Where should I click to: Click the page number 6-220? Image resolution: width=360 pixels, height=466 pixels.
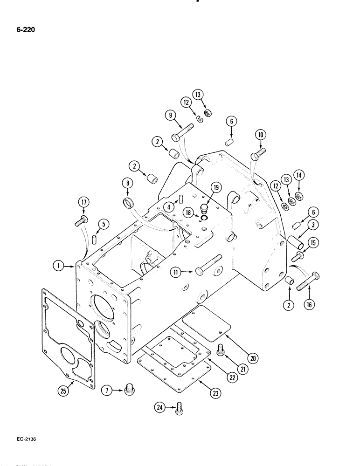(23, 30)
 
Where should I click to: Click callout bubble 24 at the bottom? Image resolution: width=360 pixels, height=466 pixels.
(159, 408)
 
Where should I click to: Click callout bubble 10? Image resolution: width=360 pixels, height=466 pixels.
(260, 135)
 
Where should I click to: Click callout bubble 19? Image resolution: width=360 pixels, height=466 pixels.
(215, 187)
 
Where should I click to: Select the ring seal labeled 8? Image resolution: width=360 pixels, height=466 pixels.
(127, 203)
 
